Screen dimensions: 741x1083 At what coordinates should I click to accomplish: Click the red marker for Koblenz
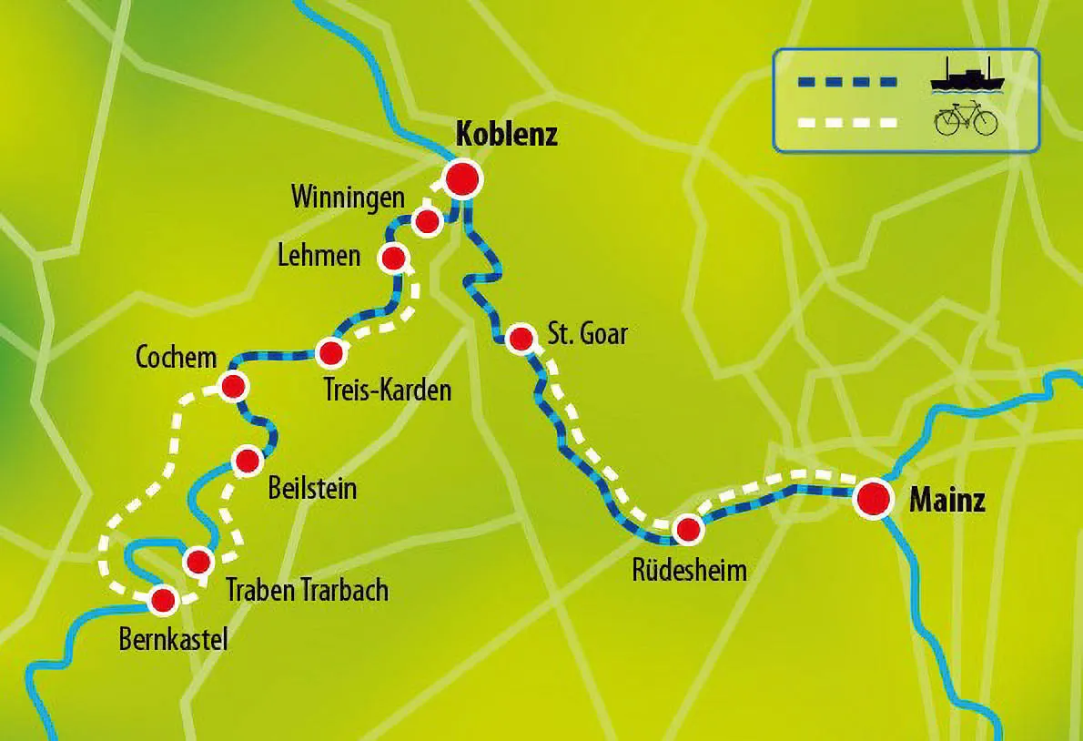(463, 178)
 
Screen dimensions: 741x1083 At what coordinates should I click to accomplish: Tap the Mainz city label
(947, 501)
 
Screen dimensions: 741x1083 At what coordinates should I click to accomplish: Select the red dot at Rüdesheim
(688, 529)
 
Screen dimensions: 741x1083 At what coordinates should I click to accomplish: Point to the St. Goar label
(588, 333)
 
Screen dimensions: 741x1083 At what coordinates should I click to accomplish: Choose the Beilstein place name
(312, 489)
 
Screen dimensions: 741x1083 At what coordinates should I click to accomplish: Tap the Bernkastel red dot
(163, 600)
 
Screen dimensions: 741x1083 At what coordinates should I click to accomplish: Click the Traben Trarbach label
(307, 590)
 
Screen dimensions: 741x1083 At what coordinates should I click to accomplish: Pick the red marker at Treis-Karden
(330, 352)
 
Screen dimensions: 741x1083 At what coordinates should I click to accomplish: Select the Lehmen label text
(319, 256)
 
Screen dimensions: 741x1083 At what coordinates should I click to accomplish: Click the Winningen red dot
(426, 221)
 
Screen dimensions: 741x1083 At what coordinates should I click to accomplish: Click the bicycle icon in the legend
(967, 121)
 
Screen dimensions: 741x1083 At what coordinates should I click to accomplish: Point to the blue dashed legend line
(847, 82)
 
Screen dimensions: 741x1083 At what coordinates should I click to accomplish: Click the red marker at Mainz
(873, 498)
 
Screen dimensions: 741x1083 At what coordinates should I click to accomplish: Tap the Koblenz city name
(505, 136)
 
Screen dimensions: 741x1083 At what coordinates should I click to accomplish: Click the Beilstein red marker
(248, 462)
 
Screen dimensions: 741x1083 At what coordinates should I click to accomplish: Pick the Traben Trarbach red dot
(198, 562)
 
